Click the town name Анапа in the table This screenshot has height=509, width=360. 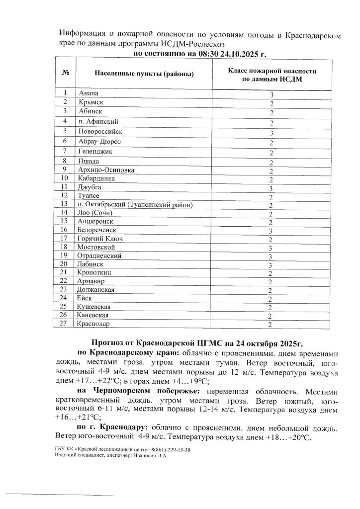[89, 93]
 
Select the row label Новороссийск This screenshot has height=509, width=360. [100, 132]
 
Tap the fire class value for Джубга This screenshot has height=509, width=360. [271, 188]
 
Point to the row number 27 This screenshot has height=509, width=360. [64, 324]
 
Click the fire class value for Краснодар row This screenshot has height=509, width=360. [271, 325]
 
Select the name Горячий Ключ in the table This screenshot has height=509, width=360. [100, 239]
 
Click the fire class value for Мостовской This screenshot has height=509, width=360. [271, 247]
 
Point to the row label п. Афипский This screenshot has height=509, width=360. [98, 121]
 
